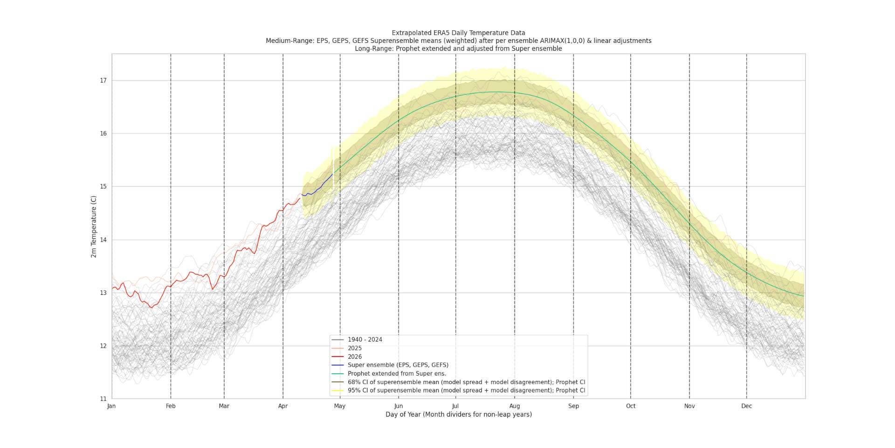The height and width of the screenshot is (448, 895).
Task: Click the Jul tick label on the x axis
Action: [x=455, y=406]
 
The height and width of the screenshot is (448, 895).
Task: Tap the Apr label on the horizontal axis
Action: [x=283, y=406]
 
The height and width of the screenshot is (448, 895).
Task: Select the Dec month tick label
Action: [x=746, y=406]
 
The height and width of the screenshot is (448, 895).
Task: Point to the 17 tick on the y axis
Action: [x=103, y=81]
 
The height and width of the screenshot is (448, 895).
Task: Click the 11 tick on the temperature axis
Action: [x=103, y=399]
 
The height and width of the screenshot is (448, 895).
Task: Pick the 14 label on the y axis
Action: [x=103, y=240]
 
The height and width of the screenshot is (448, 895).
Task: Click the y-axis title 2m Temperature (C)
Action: [x=94, y=226]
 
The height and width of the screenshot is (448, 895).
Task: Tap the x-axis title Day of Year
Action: [x=458, y=414]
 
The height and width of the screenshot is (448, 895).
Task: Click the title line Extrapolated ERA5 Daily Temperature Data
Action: [x=458, y=33]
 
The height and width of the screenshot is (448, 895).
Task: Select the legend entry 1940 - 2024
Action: [x=365, y=340]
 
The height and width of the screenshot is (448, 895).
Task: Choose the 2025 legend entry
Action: [x=354, y=348]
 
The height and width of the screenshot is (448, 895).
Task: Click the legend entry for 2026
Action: [x=354, y=357]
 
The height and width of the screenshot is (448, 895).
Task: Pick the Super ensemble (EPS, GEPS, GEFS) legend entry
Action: [x=398, y=365]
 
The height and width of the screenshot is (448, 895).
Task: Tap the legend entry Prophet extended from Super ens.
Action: [x=397, y=373]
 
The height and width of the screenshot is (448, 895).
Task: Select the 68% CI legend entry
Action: [x=466, y=382]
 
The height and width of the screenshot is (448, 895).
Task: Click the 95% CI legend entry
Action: [x=466, y=391]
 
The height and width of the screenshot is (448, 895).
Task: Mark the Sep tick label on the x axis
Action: [x=573, y=406]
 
